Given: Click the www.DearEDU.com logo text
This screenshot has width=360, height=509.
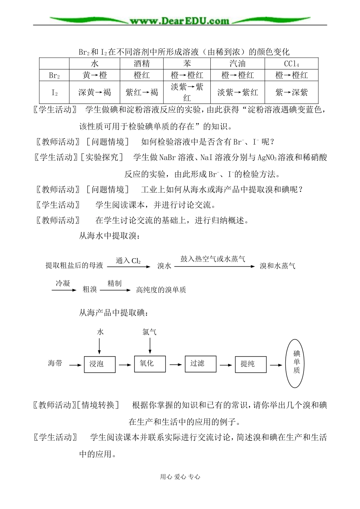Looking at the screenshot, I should tap(180, 21).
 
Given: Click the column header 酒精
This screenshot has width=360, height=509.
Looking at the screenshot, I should tap(142, 64).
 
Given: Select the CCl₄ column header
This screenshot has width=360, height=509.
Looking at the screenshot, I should tap(291, 64).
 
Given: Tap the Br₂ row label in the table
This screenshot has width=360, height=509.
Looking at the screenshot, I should tap(54, 75).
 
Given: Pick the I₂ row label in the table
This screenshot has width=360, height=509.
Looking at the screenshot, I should tap(54, 92).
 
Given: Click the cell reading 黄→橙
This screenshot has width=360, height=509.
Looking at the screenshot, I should tap(95, 75).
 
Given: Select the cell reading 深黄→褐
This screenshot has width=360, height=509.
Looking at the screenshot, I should tap(95, 92).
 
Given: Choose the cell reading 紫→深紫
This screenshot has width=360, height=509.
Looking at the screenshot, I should tap(291, 92).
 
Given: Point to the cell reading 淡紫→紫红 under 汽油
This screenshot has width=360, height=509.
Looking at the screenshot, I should tap(238, 92).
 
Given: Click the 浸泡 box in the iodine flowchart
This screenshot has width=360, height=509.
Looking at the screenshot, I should tap(99, 364).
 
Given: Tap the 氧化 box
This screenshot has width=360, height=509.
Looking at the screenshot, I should tap(150, 363).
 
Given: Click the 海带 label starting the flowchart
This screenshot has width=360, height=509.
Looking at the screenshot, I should tap(55, 363).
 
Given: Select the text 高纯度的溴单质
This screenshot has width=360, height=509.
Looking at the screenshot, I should tap(161, 290).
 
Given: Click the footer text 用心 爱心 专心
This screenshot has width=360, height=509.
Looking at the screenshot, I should tap(180, 477).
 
